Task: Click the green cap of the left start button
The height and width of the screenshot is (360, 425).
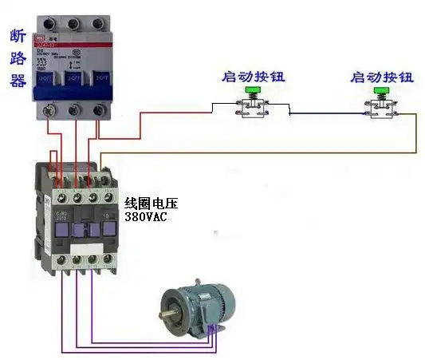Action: pos(254,93)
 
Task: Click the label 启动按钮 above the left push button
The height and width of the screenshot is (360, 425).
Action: pos(252,77)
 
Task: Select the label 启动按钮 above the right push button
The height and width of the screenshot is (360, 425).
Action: pos(382,77)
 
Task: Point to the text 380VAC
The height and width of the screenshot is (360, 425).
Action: pos(146,216)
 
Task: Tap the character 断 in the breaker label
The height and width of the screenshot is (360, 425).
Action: pos(18,37)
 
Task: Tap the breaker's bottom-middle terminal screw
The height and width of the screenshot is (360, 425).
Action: pos(75,111)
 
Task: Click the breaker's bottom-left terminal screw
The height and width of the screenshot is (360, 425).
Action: pos(50,111)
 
